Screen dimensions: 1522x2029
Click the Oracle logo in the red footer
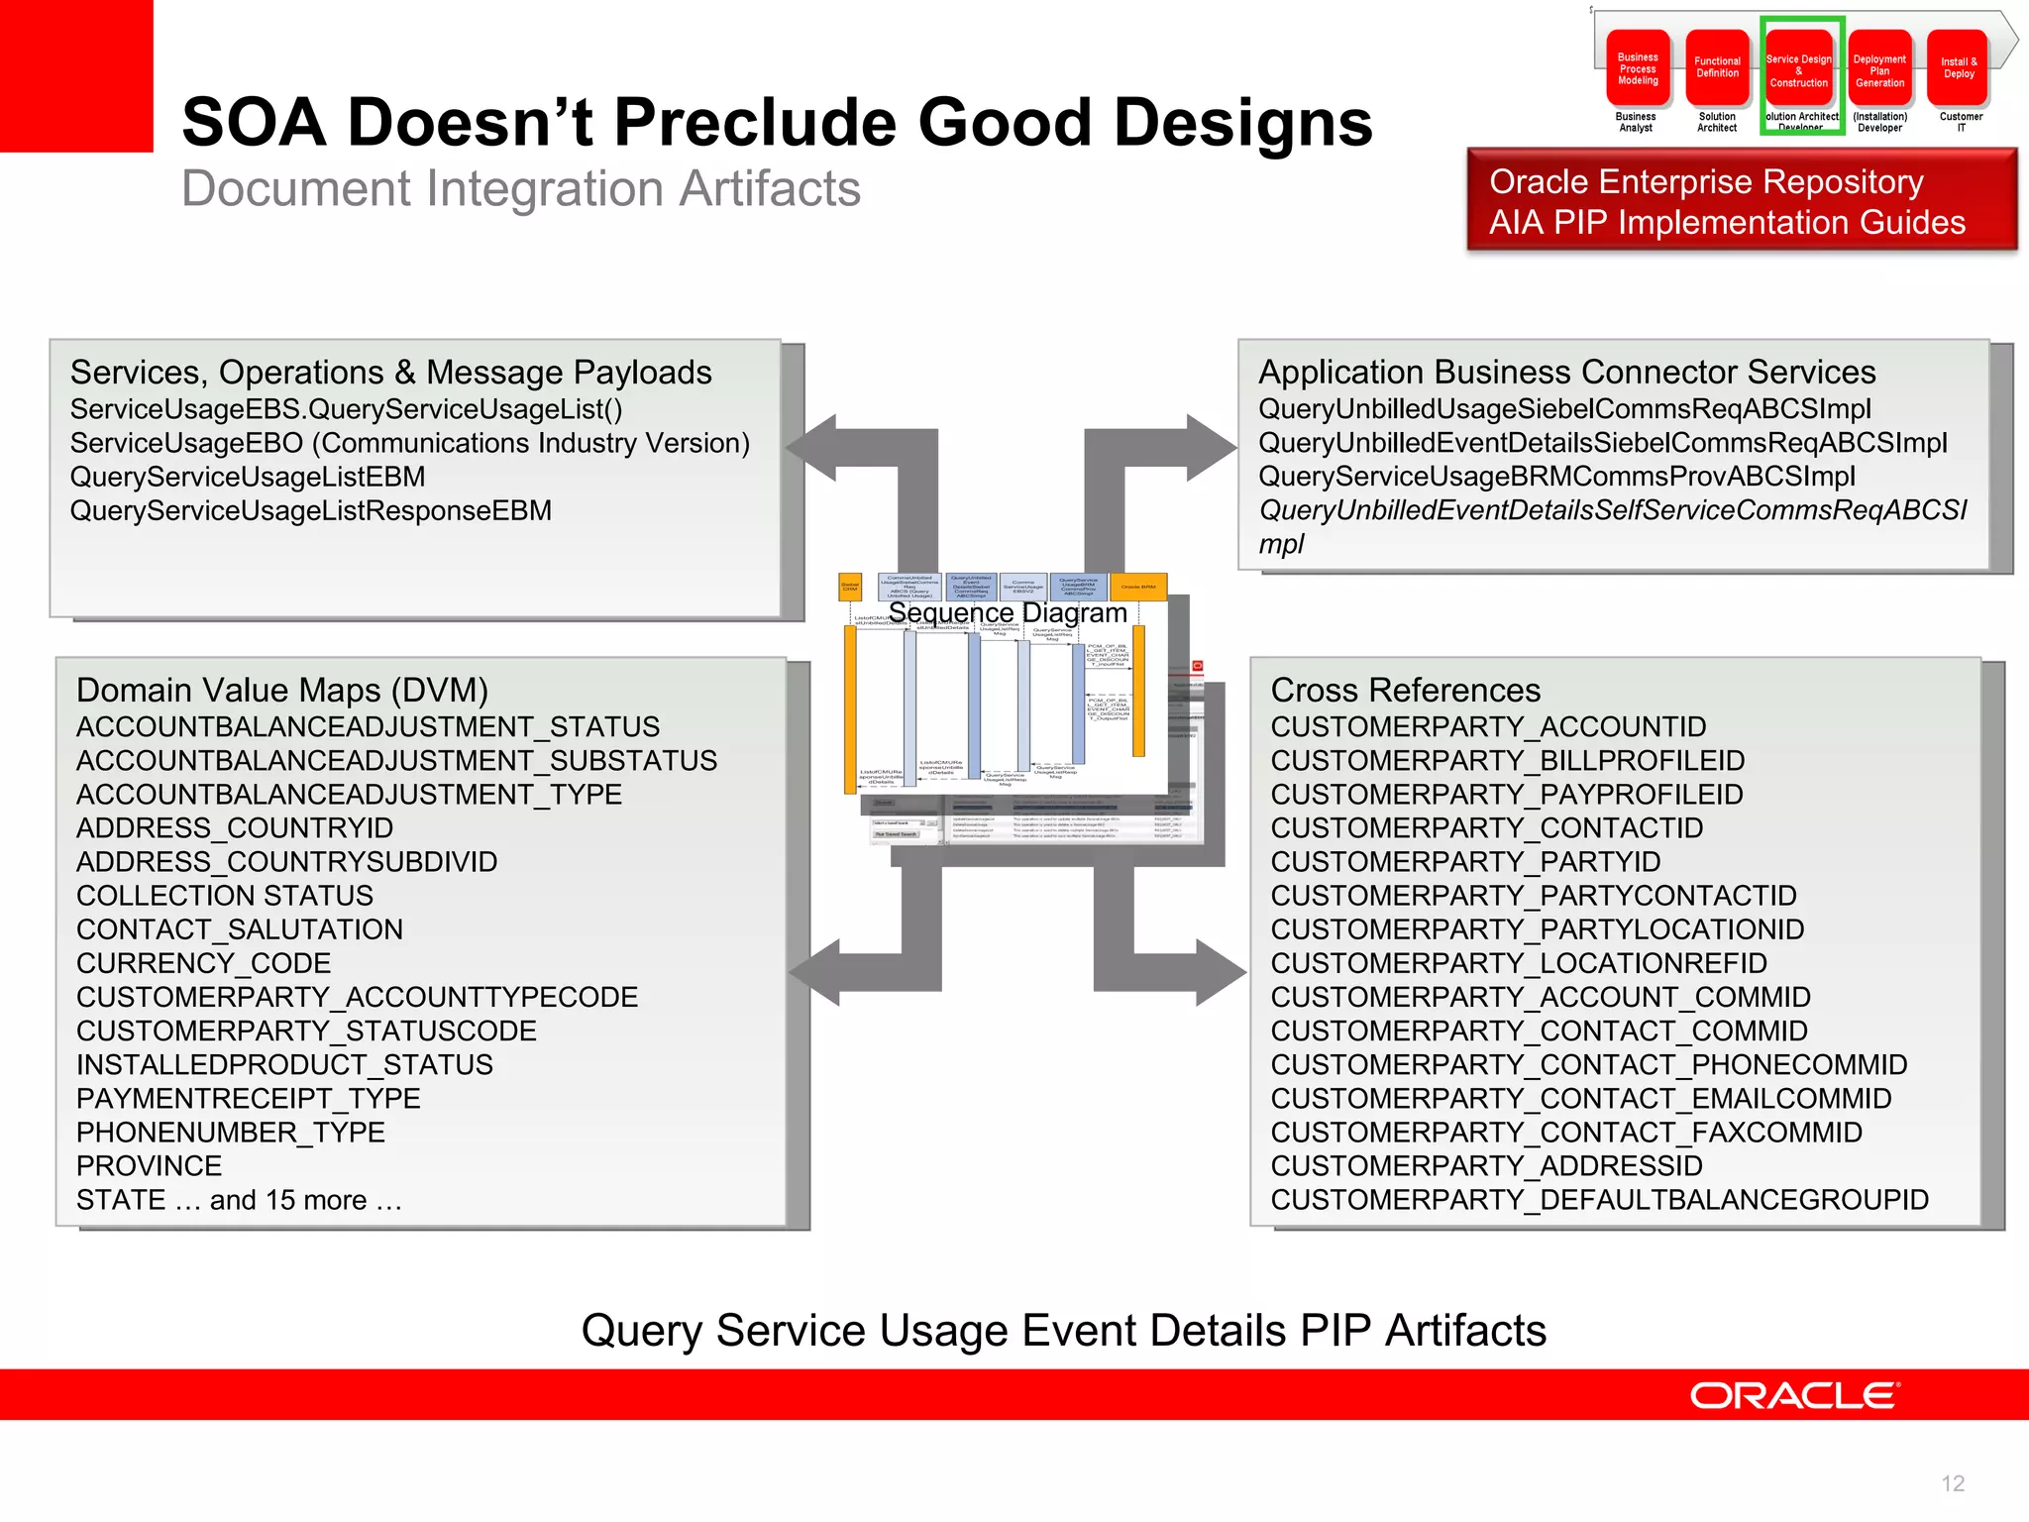1794,1395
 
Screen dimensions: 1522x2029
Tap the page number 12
1953,1483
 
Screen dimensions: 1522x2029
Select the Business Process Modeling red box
1638,69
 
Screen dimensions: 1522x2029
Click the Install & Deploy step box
1959,68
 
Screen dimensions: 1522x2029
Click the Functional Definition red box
1717,68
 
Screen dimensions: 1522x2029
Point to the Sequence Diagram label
1008,612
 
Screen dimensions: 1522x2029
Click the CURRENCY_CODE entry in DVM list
203,963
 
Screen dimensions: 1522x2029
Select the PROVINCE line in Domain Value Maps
149,1165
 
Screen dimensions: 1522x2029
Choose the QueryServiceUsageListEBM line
248,477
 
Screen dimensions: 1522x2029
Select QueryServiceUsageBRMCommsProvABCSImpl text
1556,477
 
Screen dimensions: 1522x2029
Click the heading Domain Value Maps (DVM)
282,690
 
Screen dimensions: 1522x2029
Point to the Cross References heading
1405,690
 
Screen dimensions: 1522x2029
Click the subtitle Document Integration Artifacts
521,188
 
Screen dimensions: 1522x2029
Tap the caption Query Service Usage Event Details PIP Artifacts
1063,1330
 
